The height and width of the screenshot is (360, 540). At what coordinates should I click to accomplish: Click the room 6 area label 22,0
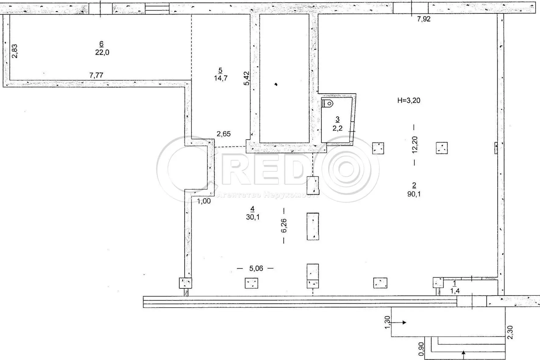[x=102, y=52]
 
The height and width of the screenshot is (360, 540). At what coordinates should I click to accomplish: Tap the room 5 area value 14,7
[x=220, y=78]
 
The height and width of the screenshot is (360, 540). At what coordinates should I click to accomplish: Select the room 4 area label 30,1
[x=252, y=217]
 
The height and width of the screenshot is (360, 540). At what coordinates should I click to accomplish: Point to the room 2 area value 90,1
[x=414, y=194]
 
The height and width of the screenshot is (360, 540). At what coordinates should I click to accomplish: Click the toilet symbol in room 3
[x=328, y=103]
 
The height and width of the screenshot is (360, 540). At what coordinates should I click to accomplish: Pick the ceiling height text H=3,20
[x=409, y=100]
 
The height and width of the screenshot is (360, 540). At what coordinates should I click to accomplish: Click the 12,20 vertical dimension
[x=415, y=144]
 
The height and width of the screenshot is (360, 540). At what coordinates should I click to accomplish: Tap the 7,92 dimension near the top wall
[x=424, y=19]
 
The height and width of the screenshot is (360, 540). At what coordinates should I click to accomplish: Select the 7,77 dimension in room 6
[x=96, y=75]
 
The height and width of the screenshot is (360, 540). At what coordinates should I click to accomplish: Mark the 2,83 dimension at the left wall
[x=15, y=51]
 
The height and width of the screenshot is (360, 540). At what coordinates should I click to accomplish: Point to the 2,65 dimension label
[x=223, y=134]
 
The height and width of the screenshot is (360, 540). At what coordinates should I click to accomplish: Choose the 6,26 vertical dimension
[x=284, y=226]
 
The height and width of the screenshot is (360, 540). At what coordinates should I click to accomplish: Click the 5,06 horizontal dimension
[x=256, y=268]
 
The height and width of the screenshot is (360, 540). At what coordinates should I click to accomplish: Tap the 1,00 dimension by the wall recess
[x=204, y=201]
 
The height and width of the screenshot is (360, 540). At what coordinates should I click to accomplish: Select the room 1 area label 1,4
[x=455, y=291]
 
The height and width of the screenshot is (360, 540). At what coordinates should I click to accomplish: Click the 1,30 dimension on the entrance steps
[x=387, y=322]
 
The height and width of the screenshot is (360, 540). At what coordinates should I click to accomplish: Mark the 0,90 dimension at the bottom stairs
[x=421, y=349]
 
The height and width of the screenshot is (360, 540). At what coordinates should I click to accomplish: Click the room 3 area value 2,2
[x=337, y=128]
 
